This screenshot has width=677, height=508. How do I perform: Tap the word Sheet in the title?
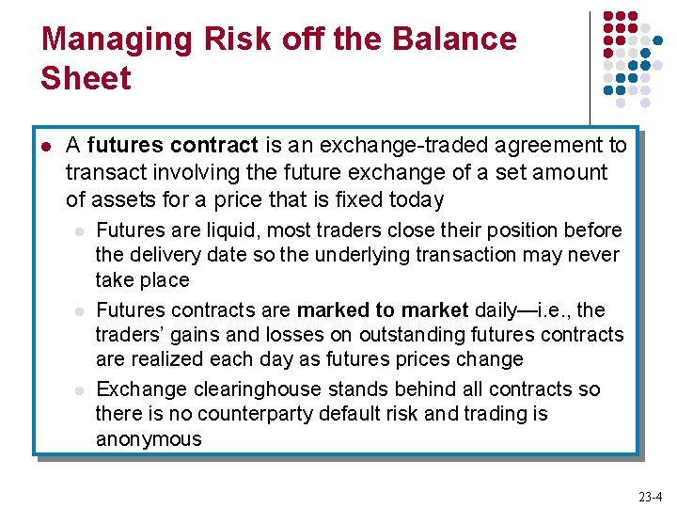pyautogui.click(x=86, y=78)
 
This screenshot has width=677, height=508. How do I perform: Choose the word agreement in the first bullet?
pyautogui.click(x=543, y=146)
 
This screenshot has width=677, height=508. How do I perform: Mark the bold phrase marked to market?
pyautogui.click(x=383, y=310)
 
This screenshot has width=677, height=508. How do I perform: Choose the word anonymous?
pyautogui.click(x=149, y=439)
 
